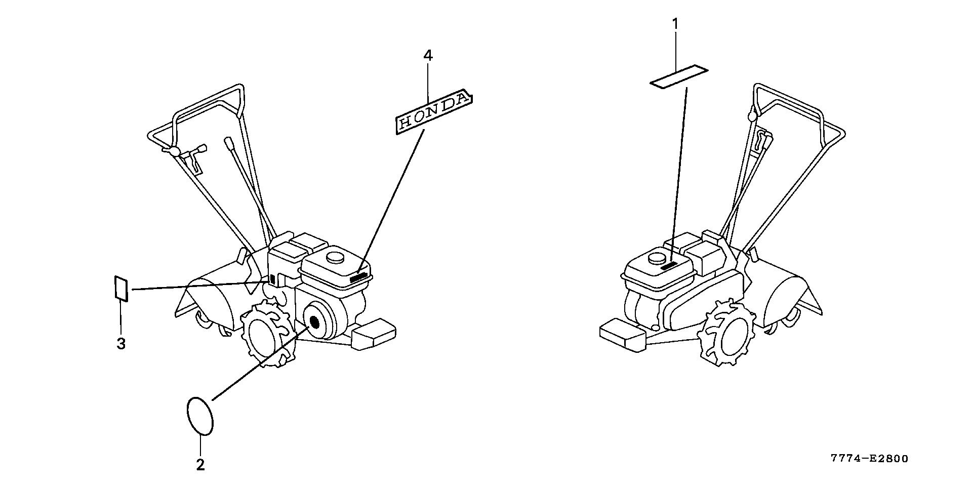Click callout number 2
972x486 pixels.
click(x=200, y=465)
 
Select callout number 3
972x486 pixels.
click(x=121, y=344)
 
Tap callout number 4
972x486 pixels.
click(x=428, y=55)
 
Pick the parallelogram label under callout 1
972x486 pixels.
click(x=679, y=76)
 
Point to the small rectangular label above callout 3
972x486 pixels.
click(x=121, y=288)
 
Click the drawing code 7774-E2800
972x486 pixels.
click(x=869, y=459)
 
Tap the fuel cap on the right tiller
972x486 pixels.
click(x=658, y=258)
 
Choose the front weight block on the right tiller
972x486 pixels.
click(x=622, y=335)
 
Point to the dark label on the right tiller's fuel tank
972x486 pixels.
click(x=670, y=266)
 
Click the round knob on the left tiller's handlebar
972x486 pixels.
click(x=175, y=151)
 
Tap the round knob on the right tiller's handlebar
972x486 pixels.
click(x=752, y=116)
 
